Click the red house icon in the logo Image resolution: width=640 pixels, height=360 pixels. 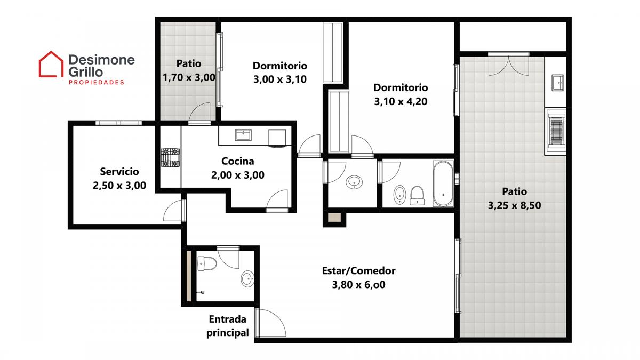point(51,65)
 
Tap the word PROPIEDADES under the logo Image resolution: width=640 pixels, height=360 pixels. point(97,83)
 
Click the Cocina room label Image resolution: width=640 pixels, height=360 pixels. point(238,161)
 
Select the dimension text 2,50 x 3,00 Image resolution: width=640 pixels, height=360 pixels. point(119,186)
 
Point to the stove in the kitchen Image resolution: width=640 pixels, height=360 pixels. point(170,157)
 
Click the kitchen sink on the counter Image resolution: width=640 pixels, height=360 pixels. point(243,135)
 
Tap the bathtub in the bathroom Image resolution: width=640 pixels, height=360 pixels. point(443,183)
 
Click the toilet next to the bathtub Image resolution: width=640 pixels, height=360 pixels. point(417,196)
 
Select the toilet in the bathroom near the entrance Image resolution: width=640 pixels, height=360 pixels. point(207,263)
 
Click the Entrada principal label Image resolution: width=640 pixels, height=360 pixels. point(227,326)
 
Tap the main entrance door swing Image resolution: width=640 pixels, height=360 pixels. point(271,323)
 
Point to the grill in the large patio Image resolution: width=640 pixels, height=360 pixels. point(555,131)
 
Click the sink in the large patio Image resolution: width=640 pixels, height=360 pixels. point(557,83)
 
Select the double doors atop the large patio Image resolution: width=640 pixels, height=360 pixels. point(509,64)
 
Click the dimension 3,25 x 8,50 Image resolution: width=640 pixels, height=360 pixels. point(514,205)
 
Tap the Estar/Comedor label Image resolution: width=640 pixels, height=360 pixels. point(358,270)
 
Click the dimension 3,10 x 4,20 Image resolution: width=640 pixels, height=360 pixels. point(401,101)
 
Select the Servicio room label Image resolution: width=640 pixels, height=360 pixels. point(119,171)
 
